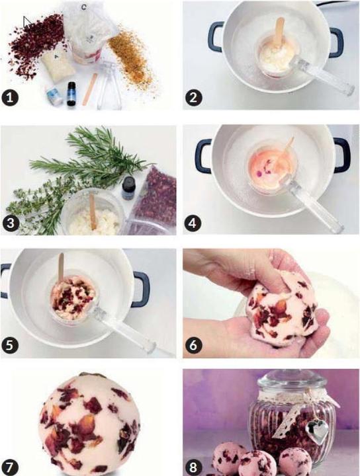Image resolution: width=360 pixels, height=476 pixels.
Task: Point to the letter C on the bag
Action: coord(83,8)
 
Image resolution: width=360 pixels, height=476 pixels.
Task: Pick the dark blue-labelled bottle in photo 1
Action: coord(71,95)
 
